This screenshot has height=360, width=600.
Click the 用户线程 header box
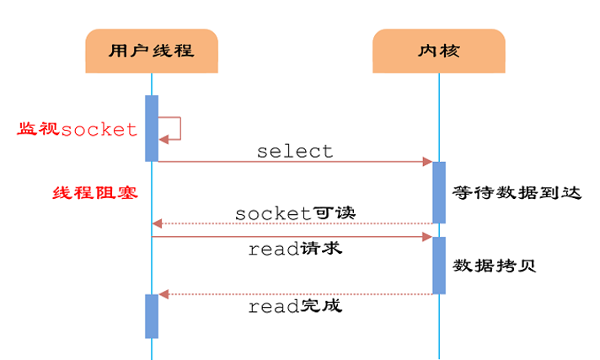pyautogui.click(x=152, y=51)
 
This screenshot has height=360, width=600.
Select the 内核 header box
pyautogui.click(x=438, y=51)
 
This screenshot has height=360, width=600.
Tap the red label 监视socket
pyautogui.click(x=78, y=129)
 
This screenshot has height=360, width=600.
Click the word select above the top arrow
pyautogui.click(x=295, y=152)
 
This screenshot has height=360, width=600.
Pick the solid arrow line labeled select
pyautogui.click(x=295, y=161)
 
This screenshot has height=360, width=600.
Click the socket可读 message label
pyautogui.click(x=295, y=212)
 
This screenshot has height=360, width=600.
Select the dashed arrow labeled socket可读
pyautogui.click(x=295, y=223)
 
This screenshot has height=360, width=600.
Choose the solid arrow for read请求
pyautogui.click(x=295, y=238)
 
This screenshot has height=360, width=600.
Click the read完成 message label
pyautogui.click(x=295, y=306)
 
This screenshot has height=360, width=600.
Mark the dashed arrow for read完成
pyautogui.click(x=295, y=294)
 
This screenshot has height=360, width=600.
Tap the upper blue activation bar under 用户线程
pyautogui.click(x=152, y=127)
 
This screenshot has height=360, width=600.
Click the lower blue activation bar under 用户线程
pyautogui.click(x=152, y=315)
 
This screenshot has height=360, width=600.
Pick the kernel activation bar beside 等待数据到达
pyautogui.click(x=439, y=191)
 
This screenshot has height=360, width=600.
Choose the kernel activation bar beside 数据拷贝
pyautogui.click(x=439, y=265)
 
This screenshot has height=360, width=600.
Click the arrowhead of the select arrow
pyautogui.click(x=428, y=161)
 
